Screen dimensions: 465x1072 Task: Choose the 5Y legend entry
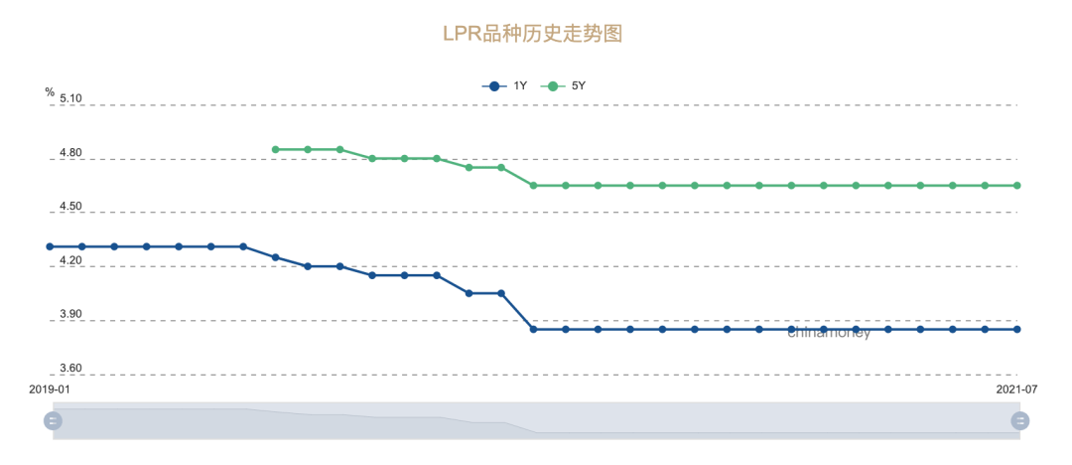565,85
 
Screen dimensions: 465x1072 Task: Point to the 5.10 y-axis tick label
70,98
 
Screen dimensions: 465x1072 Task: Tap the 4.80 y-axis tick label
70,153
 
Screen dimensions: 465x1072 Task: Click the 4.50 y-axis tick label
70,207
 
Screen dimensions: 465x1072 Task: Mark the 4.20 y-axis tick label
70,261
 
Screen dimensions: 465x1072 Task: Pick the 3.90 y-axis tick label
70,315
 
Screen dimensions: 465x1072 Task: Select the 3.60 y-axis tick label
70,370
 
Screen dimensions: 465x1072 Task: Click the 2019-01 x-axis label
49,389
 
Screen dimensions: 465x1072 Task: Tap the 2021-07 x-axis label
1016,389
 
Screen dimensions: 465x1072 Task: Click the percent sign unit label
50,91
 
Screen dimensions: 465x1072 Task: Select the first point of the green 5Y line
276,149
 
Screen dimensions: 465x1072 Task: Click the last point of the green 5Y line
1017,185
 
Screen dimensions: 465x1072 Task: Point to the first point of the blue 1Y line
50,246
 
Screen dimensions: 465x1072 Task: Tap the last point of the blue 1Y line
1017,329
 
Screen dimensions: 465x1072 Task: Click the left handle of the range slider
53,420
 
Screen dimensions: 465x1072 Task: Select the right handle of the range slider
1019,420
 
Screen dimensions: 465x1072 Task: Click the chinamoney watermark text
829,333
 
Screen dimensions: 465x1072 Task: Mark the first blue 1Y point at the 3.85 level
533,329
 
